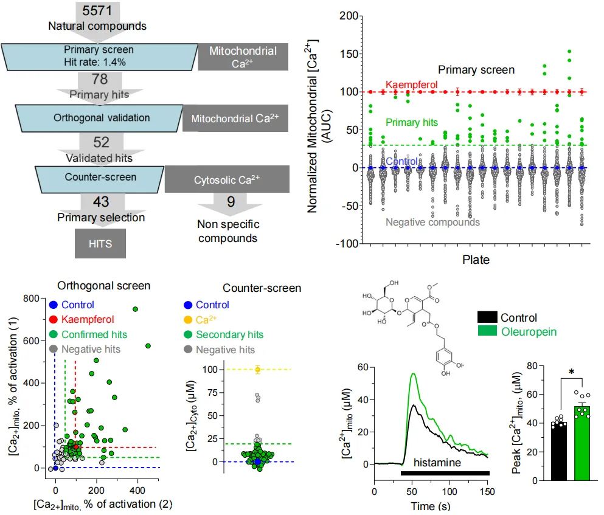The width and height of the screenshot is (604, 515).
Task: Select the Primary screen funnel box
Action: coord(99,56)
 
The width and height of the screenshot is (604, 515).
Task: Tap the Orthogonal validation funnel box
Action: coord(99,117)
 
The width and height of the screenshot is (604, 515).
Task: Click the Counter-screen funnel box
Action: coord(99,178)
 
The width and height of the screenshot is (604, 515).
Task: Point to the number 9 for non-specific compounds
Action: coord(231,201)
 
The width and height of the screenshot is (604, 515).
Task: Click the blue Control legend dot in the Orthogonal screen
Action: coord(54,305)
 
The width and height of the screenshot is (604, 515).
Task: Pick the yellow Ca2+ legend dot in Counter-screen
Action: coord(188,320)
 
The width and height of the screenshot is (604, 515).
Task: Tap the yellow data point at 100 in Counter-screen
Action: coord(257,370)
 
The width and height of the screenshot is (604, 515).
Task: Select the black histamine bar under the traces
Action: coord(445,472)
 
